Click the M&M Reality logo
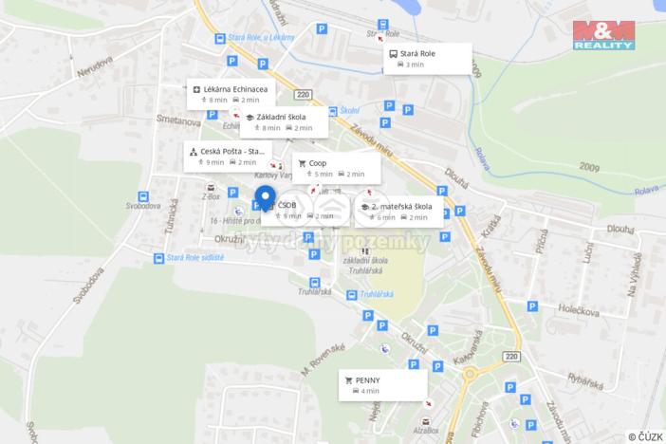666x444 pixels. tap(602, 34)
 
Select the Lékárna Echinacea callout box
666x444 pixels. tap(229, 94)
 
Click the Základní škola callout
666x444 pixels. tap(283, 121)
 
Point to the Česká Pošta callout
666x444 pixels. tap(228, 156)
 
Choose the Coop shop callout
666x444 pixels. tap(336, 168)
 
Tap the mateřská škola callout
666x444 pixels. tap(398, 211)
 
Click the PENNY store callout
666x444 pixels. tap(382, 384)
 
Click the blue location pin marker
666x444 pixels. tap(265, 199)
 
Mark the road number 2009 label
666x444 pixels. tap(587, 166)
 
